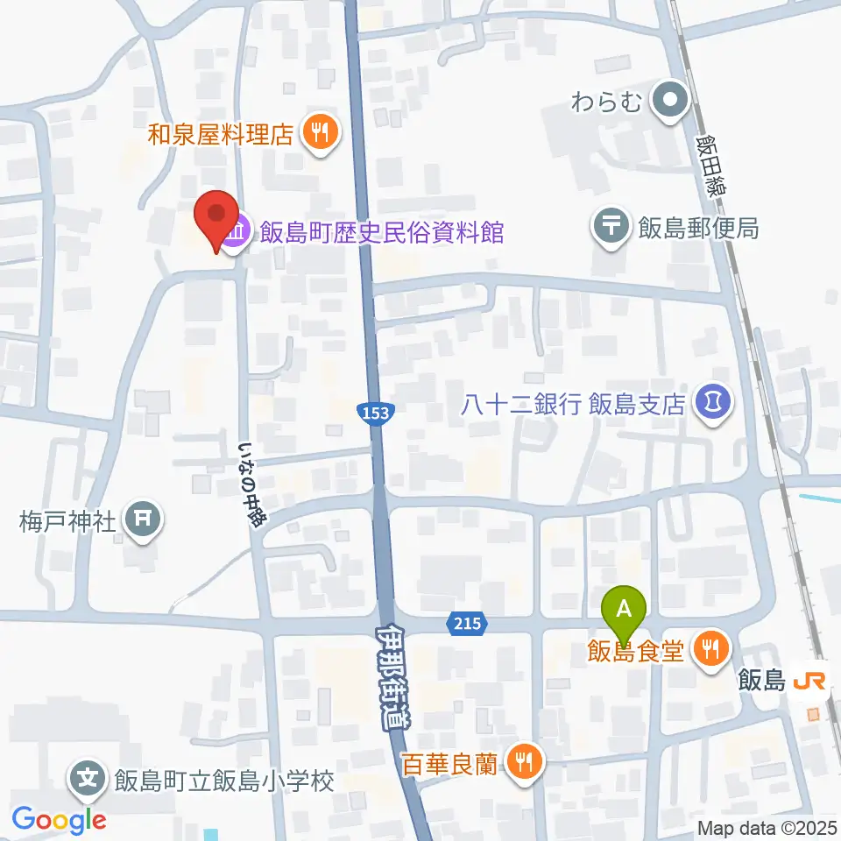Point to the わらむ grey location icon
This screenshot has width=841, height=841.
click(x=672, y=101)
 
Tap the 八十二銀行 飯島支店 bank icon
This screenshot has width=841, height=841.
click(x=713, y=403)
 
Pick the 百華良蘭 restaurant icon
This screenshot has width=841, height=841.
click(x=524, y=762)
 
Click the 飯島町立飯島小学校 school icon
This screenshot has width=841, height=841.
click(x=88, y=779)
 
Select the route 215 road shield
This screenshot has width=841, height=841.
click(x=467, y=624)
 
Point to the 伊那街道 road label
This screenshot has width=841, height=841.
click(x=395, y=675)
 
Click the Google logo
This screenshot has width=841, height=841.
click(x=59, y=820)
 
